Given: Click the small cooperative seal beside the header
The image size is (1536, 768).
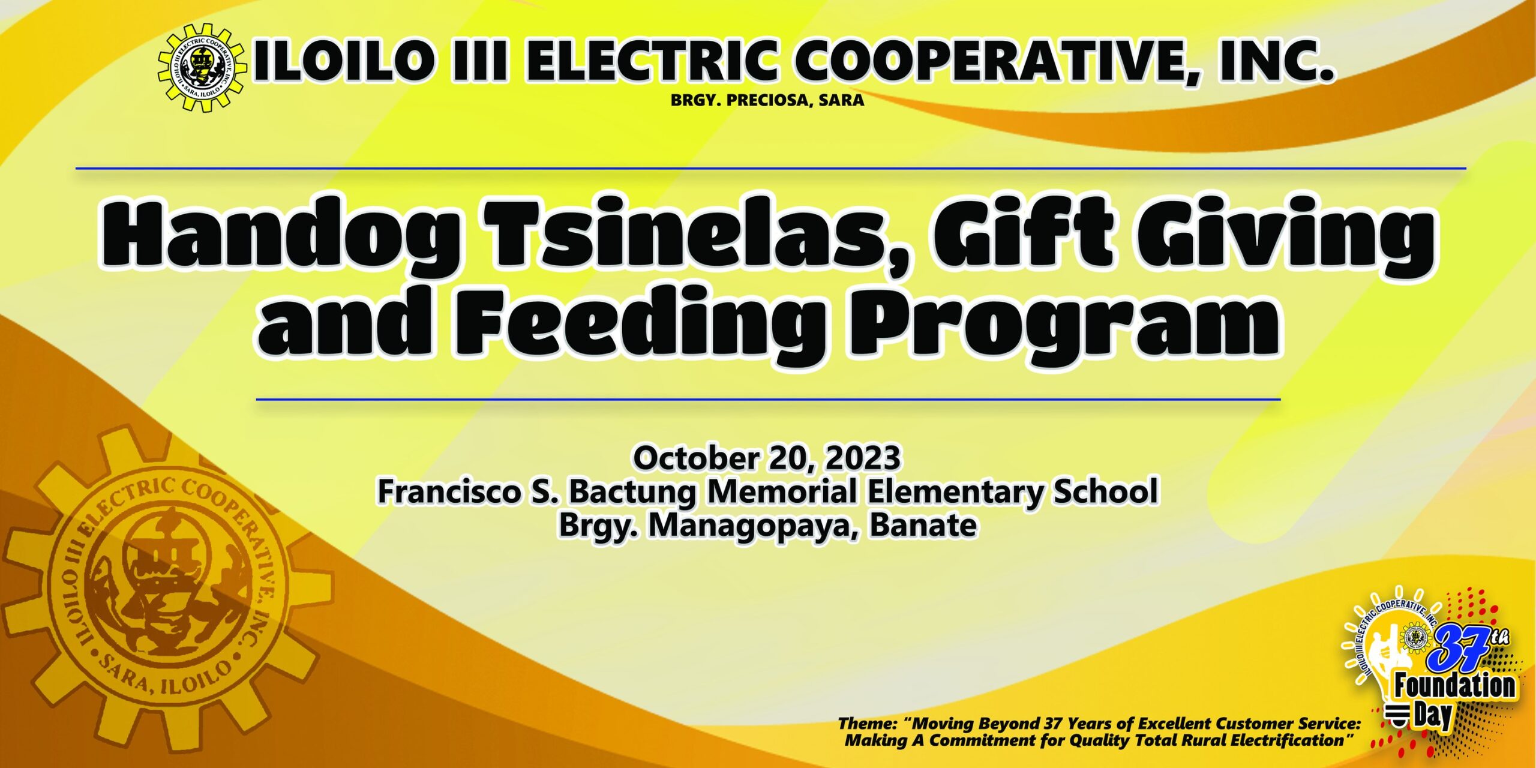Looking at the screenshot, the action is (202, 67).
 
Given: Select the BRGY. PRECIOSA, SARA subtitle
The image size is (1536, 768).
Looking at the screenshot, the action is (767, 101).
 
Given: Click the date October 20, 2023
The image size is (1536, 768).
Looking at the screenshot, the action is (767, 458).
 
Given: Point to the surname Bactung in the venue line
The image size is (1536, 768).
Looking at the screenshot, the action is (632, 492).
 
